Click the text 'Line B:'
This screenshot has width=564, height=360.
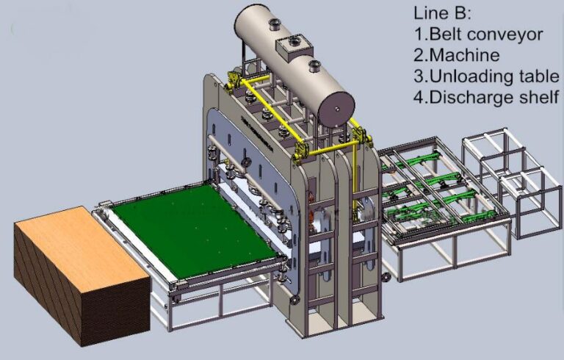point(441,13)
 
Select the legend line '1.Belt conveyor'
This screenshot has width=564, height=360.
point(478,35)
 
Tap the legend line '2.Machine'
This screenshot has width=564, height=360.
point(457,55)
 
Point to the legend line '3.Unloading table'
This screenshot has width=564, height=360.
point(487,76)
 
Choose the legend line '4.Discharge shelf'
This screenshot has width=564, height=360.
point(486,97)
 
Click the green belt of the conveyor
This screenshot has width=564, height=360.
point(195,231)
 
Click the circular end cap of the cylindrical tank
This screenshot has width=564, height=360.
point(336,109)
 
